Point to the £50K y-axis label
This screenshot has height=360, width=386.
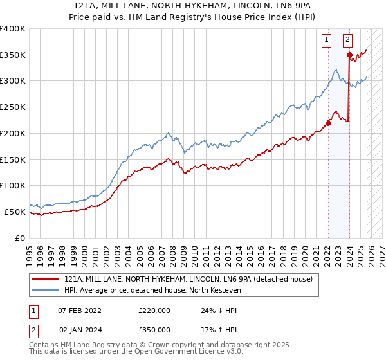coord(15,212)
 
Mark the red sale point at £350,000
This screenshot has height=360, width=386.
coord(349,55)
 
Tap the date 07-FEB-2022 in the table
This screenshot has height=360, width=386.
coord(82,310)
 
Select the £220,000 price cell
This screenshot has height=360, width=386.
coord(154,310)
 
